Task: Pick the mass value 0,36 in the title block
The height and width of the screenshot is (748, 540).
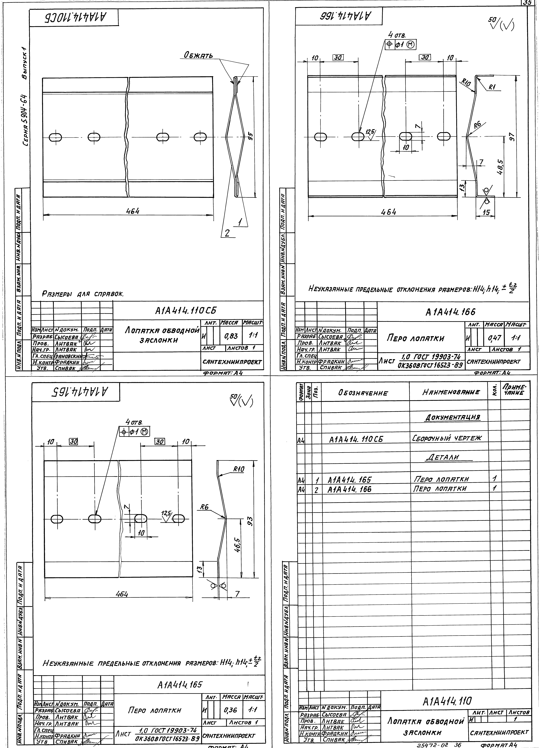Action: [x=231, y=710]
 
